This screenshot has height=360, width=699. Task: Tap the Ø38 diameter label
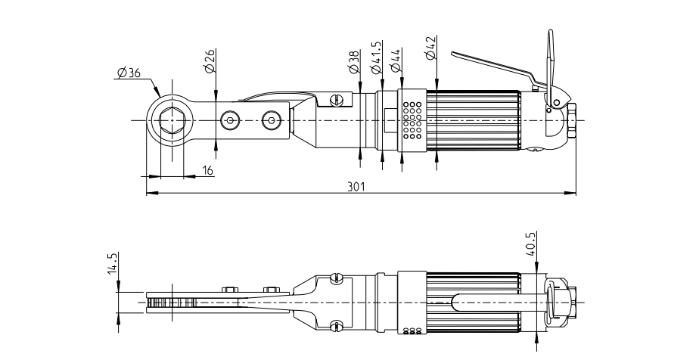(354, 62)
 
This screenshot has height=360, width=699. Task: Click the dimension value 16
(208, 171)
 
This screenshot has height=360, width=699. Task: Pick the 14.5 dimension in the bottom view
(113, 265)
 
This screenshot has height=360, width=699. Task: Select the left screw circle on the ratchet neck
(229, 120)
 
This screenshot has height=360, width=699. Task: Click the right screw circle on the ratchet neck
(270, 120)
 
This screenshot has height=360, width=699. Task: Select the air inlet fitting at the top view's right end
(572, 120)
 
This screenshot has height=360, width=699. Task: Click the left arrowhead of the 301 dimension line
(148, 194)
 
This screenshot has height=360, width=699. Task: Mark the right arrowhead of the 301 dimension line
(573, 194)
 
